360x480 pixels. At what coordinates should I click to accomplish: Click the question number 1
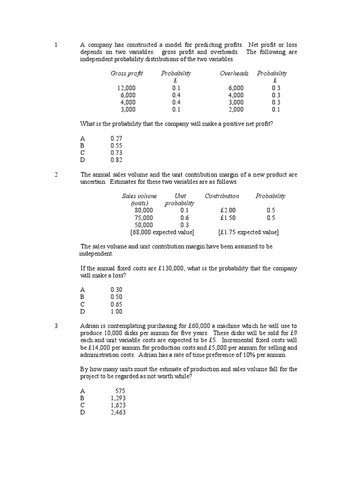(x=56, y=45)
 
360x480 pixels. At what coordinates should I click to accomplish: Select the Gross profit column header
(x=127, y=74)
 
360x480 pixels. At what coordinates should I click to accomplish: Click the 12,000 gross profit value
(x=127, y=88)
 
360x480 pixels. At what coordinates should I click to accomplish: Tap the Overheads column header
(x=234, y=74)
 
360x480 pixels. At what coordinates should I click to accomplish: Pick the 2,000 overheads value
(x=236, y=109)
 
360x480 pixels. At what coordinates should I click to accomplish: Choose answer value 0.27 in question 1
(x=116, y=138)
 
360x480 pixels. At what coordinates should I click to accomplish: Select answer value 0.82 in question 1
(x=116, y=160)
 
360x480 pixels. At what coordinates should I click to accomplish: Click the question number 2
(x=56, y=175)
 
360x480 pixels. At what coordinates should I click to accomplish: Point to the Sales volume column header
(x=139, y=196)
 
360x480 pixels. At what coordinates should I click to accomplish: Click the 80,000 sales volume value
(x=143, y=210)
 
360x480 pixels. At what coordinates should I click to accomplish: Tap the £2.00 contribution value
(x=228, y=210)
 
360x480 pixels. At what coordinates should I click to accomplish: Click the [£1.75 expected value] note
(x=248, y=232)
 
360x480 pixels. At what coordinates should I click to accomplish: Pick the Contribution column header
(x=222, y=196)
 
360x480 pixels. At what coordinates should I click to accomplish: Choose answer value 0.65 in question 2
(x=116, y=304)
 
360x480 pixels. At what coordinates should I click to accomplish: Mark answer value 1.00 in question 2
(x=116, y=311)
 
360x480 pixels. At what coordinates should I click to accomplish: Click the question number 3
(x=56, y=326)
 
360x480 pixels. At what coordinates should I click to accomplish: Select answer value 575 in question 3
(x=120, y=390)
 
